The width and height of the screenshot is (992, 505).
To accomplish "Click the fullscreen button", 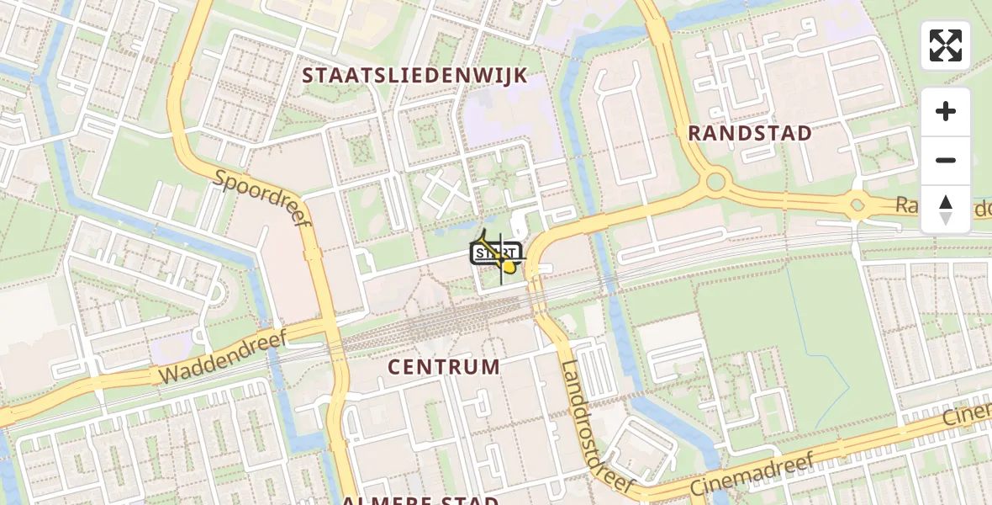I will (946, 45).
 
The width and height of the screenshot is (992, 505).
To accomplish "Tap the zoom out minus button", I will (946, 160).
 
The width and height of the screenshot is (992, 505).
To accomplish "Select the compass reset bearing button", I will (946, 209).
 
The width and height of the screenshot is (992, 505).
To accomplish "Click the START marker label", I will (496, 252).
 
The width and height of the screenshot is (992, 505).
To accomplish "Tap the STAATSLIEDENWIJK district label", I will (414, 76).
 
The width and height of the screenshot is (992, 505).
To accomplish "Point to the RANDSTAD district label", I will (750, 133).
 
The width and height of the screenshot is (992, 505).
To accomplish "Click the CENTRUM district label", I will (445, 367).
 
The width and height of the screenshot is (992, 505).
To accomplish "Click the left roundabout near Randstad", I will (716, 180).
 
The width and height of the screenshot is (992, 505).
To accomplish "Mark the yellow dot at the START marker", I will (509, 268).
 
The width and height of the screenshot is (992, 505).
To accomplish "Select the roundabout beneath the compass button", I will (857, 205).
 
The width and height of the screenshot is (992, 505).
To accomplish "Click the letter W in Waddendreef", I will (169, 376).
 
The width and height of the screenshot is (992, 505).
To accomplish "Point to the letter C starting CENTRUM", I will (395, 367).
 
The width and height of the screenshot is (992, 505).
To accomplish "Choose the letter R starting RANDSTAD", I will (695, 133).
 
